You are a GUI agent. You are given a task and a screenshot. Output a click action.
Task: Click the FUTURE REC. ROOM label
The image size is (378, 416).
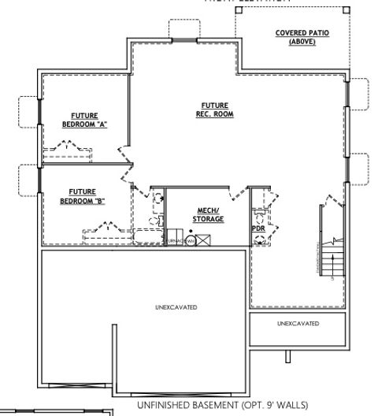coord(215,110)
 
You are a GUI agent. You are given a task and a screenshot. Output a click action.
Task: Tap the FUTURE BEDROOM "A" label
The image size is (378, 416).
coord(84,120)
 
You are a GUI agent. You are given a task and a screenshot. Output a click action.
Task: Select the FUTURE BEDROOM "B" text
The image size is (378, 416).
coord(83,196)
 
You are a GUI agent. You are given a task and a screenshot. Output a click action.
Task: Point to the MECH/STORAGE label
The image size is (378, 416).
coord(209,215)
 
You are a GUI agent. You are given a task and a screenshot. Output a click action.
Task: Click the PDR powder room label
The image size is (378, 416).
coord(258,228)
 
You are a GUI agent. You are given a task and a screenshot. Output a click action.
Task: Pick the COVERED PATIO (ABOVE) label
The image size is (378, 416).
coord(302,36)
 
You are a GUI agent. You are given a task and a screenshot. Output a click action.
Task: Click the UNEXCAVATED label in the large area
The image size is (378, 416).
coord(176,306)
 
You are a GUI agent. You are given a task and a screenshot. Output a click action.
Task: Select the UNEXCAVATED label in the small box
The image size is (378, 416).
coord(298,324)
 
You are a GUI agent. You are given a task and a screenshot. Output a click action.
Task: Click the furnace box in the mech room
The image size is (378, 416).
coord(175,239)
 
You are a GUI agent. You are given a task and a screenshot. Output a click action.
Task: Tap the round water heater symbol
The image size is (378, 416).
coord(190,240)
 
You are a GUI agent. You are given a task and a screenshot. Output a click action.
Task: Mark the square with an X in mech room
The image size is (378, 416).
coord(202,239)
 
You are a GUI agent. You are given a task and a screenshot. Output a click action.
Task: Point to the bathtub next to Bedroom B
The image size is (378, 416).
coord(148,236)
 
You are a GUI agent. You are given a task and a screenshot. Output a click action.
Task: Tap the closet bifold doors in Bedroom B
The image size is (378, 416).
coord(101,229)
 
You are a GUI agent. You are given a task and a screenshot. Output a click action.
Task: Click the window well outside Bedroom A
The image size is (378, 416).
coord(28,111)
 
